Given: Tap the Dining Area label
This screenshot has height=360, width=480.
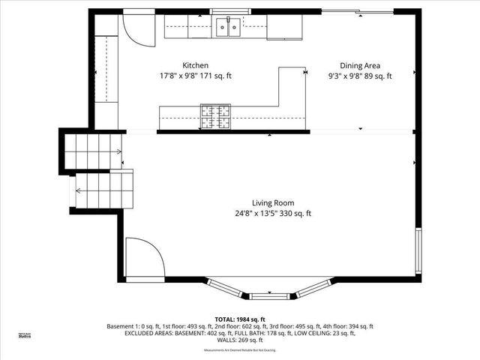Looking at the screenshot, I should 360,65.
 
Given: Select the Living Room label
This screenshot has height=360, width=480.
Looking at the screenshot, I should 273,202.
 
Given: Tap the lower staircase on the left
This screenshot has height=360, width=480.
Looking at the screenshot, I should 103,190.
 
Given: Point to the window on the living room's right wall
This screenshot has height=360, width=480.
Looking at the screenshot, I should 418,251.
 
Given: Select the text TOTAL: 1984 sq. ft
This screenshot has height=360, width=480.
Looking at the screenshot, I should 239,319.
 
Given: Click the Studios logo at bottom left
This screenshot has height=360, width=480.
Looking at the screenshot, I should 25,335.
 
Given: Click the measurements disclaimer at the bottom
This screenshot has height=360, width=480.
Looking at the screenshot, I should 239,350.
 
